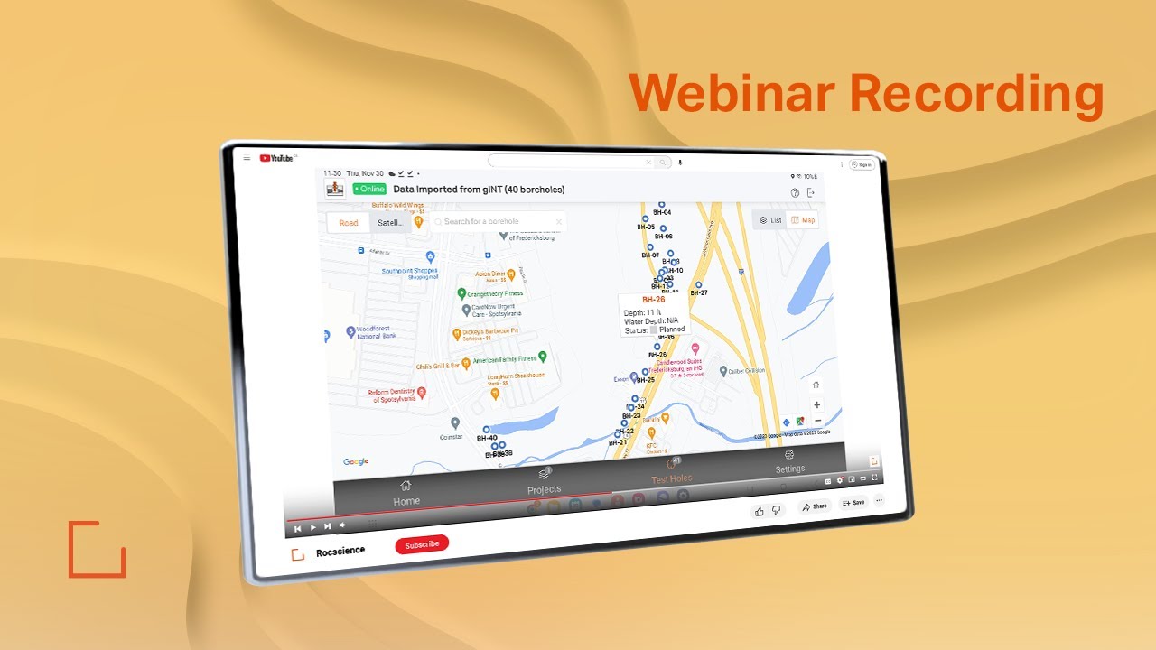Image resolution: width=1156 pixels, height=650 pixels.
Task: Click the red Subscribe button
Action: click(x=422, y=544)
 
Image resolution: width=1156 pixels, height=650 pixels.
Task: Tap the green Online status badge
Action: click(x=369, y=189)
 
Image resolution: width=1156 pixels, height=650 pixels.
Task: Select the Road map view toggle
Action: click(x=349, y=223)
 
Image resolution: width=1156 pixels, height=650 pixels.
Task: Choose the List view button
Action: click(x=770, y=220)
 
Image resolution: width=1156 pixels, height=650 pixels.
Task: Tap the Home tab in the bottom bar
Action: click(x=406, y=493)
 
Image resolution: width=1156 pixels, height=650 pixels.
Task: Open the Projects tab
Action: click(x=545, y=481)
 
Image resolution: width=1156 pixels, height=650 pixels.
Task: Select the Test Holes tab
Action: click(x=672, y=471)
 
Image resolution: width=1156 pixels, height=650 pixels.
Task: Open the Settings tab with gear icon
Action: click(x=789, y=461)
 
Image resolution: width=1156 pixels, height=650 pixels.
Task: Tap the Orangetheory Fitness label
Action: click(x=494, y=293)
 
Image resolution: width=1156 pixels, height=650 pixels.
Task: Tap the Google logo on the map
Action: click(x=356, y=461)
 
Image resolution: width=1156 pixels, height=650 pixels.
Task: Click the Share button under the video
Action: click(x=814, y=506)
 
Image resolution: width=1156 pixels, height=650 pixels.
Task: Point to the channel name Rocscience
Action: click(x=340, y=552)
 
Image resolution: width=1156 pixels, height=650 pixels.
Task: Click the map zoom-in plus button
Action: click(x=816, y=405)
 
